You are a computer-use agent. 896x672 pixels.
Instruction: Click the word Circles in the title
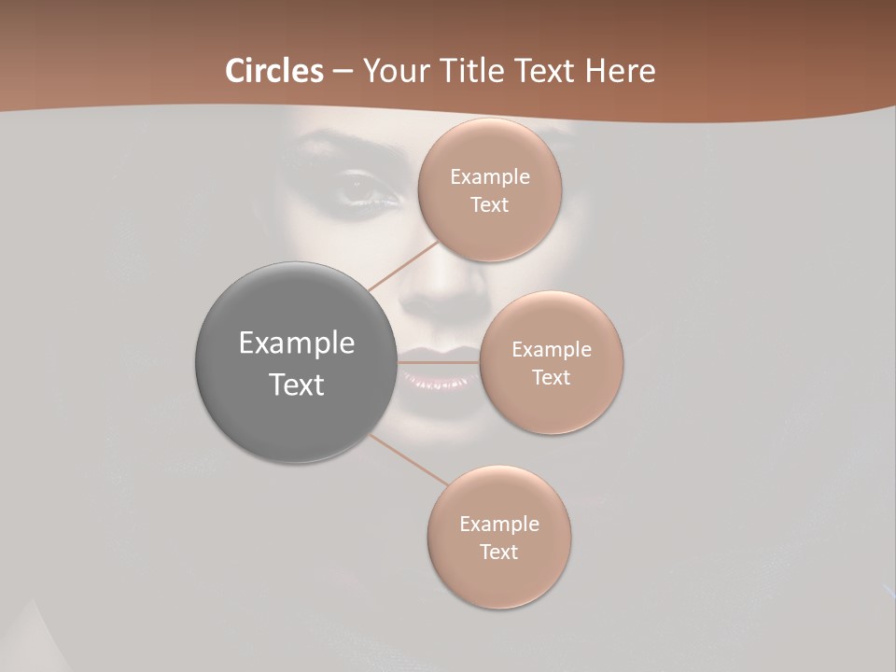click(273, 71)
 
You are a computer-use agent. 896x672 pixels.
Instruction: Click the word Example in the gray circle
click(296, 343)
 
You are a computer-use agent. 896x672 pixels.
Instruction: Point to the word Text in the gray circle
click(296, 385)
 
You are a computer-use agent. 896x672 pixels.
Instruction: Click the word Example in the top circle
click(489, 177)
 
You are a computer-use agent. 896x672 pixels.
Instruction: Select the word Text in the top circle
click(489, 205)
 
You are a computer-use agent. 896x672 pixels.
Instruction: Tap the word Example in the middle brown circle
click(551, 350)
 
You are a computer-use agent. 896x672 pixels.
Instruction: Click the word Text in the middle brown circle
click(551, 378)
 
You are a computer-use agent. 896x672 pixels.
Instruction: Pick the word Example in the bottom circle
click(499, 525)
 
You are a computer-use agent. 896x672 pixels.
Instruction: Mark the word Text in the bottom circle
click(499, 553)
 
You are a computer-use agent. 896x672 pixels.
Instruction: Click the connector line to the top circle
click(404, 265)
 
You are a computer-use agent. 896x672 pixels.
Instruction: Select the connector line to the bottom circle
click(409, 459)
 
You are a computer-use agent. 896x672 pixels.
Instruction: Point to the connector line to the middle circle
click(439, 362)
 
